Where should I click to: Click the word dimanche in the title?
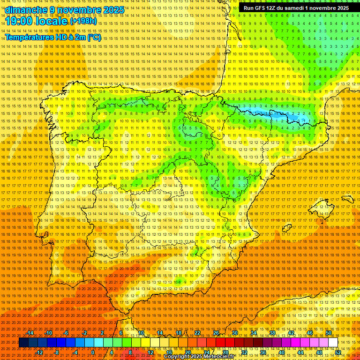click(26, 10)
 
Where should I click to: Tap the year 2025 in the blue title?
click(114, 10)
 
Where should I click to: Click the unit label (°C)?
click(93, 37)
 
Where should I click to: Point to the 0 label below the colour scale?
click(93, 352)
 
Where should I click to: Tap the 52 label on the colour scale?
click(338, 352)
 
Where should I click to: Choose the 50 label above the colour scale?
click(329, 333)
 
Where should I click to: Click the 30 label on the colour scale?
click(235, 333)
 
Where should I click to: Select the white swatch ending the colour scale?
click(333, 343)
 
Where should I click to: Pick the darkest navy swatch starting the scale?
click(23, 343)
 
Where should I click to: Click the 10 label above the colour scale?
click(141, 333)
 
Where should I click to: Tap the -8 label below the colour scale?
click(57, 352)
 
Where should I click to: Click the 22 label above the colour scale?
click(197, 333)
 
